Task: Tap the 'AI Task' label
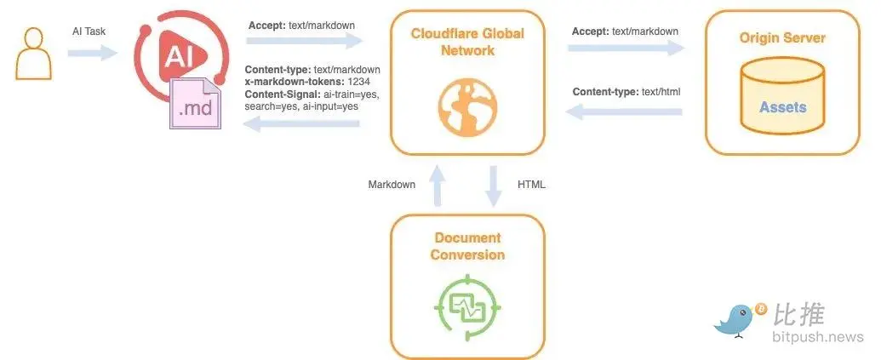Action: tap(89, 31)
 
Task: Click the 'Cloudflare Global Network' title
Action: tap(467, 42)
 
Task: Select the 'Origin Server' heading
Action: tap(782, 38)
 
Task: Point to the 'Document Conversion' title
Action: tap(467, 246)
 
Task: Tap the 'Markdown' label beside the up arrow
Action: tap(392, 185)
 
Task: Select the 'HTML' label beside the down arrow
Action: tap(531, 185)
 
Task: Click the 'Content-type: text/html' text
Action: tap(626, 92)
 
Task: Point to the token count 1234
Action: tap(364, 82)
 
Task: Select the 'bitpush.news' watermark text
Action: tap(817, 338)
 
